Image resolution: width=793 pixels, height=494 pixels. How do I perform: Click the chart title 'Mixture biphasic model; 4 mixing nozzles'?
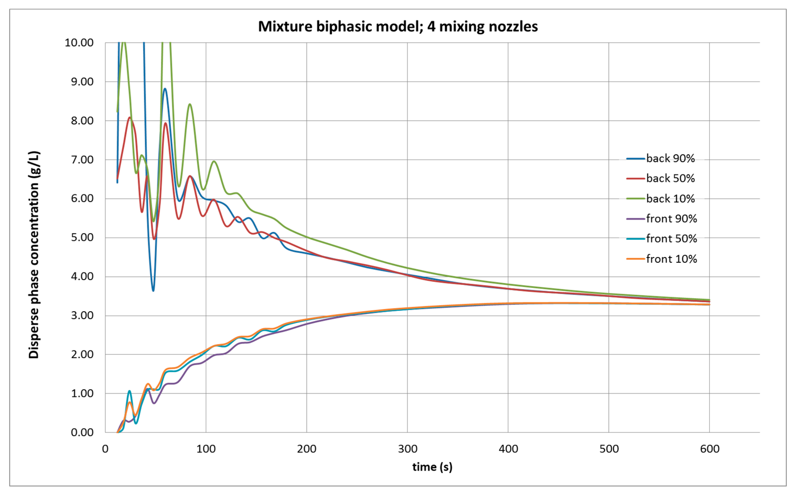(x=398, y=26)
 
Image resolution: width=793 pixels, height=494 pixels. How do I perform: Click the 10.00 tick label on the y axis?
(x=79, y=43)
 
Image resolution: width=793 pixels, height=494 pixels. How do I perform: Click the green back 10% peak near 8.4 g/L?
(x=190, y=104)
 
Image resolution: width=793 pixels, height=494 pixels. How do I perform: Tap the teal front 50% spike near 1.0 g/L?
(x=129, y=391)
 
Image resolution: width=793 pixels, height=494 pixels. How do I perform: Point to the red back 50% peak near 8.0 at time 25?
(x=130, y=118)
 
